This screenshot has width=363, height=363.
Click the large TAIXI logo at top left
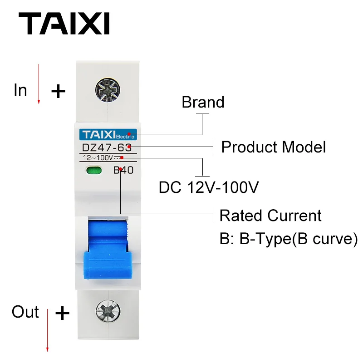point(64,24)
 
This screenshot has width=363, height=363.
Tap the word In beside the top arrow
point(20,90)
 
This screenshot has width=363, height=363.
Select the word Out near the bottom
point(25,312)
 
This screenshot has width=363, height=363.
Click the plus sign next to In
point(58,92)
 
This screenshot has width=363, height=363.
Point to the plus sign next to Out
point(62,313)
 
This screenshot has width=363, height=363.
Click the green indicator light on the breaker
point(93,171)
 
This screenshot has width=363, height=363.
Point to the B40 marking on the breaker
point(123,171)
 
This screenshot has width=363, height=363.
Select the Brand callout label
point(203,102)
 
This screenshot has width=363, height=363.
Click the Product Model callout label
point(273,147)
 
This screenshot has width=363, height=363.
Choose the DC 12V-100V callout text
point(209,187)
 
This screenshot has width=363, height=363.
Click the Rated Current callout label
point(270,215)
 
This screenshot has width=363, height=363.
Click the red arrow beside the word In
point(39,84)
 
